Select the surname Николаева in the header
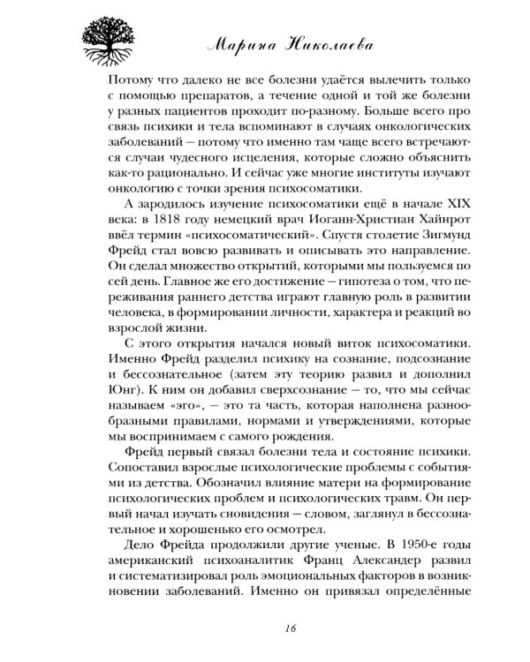tap(357, 42)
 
